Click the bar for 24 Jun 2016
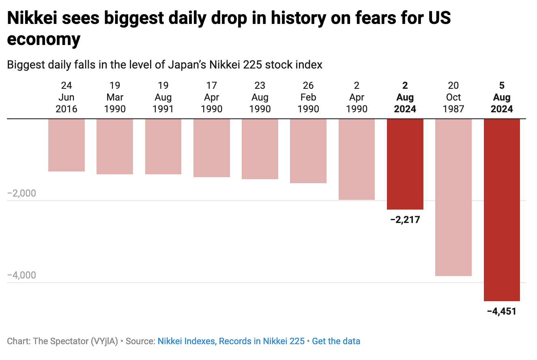pos(67,145)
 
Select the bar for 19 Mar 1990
pos(115,146)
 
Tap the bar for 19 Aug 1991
pos(163,146)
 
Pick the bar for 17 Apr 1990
pos(212,148)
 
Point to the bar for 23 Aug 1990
pos(260,149)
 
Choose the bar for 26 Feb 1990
pos(308,151)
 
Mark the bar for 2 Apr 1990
pos(357,159)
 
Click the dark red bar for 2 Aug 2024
pos(405,164)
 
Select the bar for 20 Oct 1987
pos(453,197)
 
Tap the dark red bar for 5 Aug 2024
pos(502,210)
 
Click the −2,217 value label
pos(405,220)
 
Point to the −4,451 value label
pos(502,312)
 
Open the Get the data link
pos(336,341)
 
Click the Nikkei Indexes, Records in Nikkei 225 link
pos(231,341)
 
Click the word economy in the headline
pos(44,40)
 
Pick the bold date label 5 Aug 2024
pos(502,97)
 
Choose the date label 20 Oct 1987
pos(453,97)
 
